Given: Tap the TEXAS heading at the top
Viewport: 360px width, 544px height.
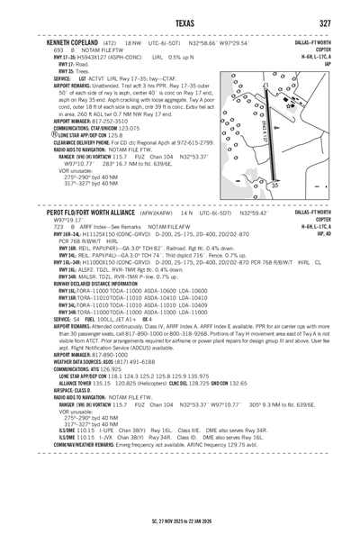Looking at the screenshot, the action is pyautogui.click(x=179, y=23).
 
